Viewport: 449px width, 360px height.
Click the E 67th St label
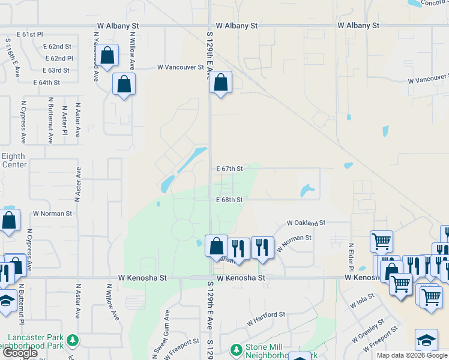coord(229,169)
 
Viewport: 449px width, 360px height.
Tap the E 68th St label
coord(229,200)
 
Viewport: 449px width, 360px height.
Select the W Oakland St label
coord(306,223)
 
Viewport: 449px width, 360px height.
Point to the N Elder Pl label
coord(352,256)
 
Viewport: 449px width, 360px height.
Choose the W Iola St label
coord(363,300)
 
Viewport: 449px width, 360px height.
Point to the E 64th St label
coord(47,82)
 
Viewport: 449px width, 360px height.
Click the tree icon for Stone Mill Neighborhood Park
coord(236,349)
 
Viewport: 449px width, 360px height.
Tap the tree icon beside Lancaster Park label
coord(73,341)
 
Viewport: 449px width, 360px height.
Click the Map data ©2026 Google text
coord(412,355)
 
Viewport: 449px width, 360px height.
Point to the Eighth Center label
coord(13,160)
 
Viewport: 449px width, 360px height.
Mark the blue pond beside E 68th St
coord(307,191)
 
